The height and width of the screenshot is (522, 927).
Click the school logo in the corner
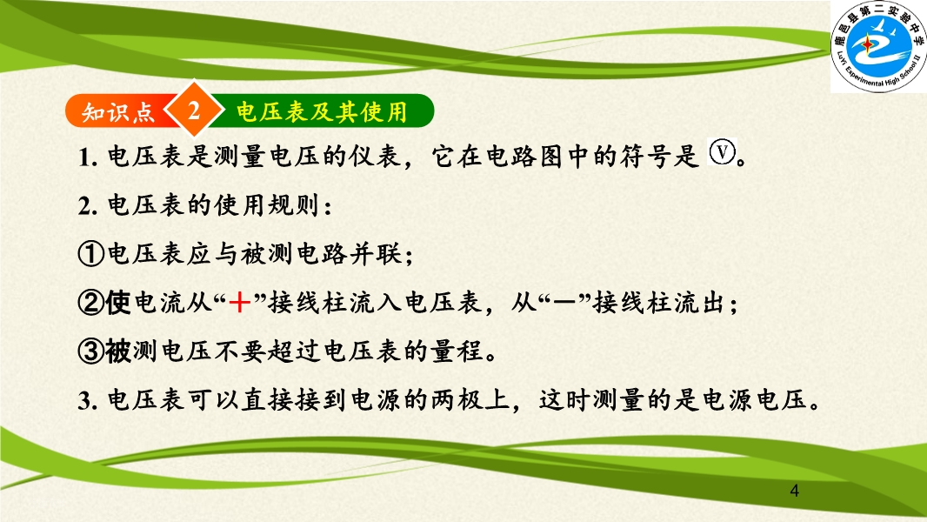(878, 47)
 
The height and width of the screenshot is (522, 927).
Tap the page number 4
(795, 491)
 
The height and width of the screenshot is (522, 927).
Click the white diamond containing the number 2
(194, 110)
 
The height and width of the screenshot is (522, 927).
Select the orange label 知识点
(118, 111)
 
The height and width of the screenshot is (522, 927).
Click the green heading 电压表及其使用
(323, 111)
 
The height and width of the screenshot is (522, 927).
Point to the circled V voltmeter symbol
(722, 152)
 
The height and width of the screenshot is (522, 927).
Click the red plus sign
(239, 303)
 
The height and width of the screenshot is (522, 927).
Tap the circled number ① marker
(91, 254)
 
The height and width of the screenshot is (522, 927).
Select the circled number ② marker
(91, 303)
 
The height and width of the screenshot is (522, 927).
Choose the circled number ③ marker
(91, 351)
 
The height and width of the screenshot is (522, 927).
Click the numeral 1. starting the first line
(88, 157)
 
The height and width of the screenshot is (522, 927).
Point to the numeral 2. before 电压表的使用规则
(88, 205)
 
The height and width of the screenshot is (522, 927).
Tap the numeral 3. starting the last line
(88, 401)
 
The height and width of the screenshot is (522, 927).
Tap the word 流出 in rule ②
(701, 303)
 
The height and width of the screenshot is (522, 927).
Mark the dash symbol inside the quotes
(564, 303)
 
